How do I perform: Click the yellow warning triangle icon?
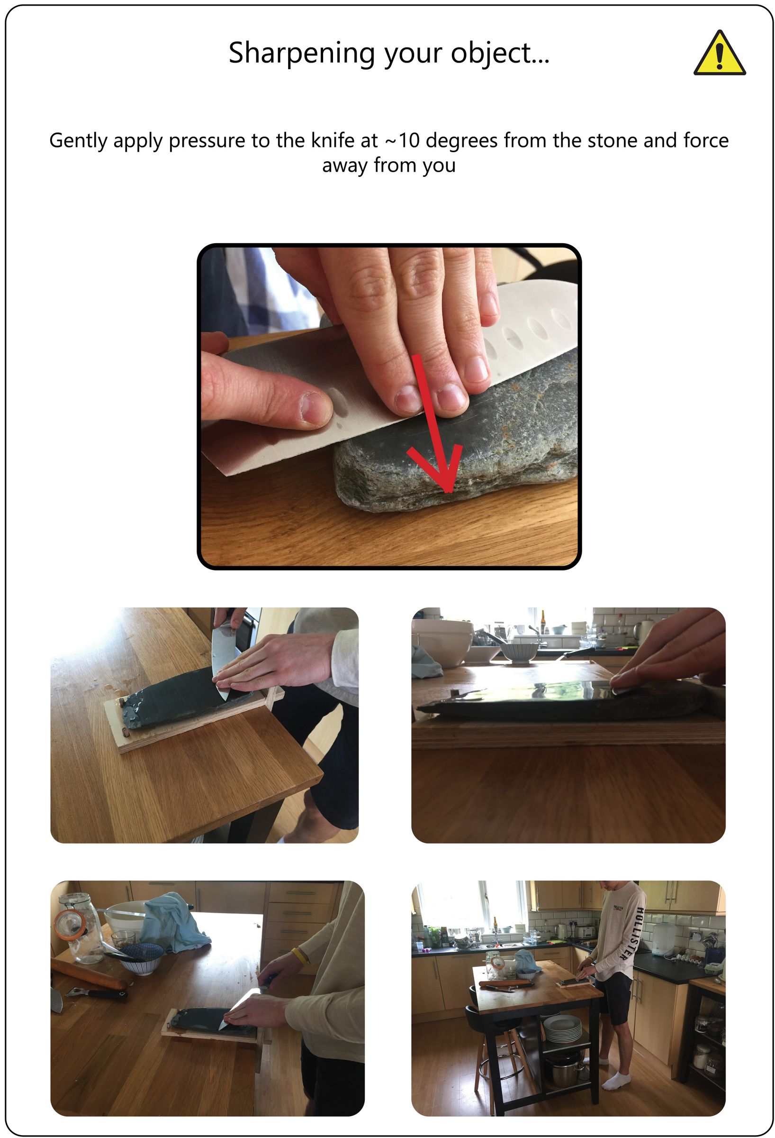click(x=719, y=55)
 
